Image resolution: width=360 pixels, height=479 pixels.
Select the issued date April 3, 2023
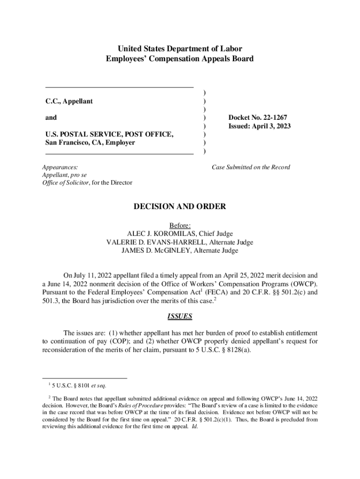click(x=274, y=126)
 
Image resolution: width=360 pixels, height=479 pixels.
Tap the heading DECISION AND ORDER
click(x=180, y=206)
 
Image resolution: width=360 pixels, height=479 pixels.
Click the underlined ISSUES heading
click(x=180, y=316)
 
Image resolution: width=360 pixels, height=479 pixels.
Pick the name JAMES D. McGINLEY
click(x=153, y=250)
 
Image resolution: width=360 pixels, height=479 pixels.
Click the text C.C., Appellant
click(x=69, y=101)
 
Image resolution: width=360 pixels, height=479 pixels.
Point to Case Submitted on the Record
click(x=251, y=167)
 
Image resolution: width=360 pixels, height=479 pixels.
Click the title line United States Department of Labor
click(x=180, y=49)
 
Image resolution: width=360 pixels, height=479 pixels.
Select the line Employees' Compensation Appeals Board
click(x=180, y=58)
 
